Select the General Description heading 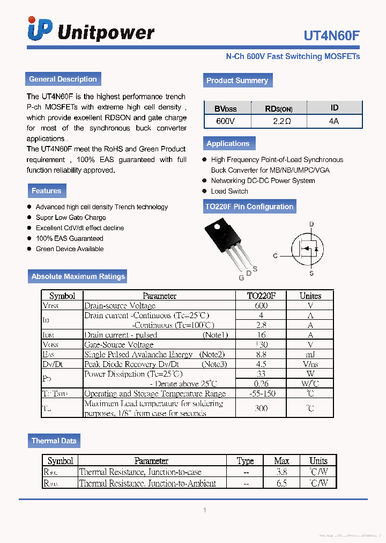coord(63,79)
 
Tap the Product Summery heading coord(237,80)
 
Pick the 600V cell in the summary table coord(225,121)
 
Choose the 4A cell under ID coord(334,121)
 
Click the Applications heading coord(228,143)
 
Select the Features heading coord(46,190)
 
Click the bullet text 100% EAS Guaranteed coord(69,238)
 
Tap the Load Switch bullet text coord(229,191)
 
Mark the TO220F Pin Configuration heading coord(249,207)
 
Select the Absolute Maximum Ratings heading coord(78,276)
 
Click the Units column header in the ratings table coord(310,296)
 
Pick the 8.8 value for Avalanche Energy coord(261,354)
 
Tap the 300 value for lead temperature coord(261,408)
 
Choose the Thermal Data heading coord(54,441)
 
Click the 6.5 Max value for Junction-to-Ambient coord(281,483)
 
